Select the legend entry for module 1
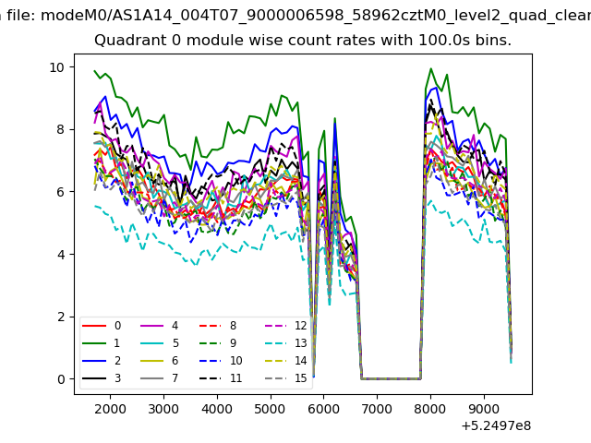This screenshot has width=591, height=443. (x=101, y=343)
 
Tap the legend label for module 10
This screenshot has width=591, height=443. (x=236, y=361)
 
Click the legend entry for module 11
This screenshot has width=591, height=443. (x=221, y=378)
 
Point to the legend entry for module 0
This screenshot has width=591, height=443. (x=102, y=326)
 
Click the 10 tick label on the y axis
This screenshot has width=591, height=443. (x=57, y=67)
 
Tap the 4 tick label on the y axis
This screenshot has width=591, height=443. (x=61, y=255)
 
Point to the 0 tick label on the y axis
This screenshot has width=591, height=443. (x=61, y=379)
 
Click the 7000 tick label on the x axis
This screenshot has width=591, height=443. (x=377, y=409)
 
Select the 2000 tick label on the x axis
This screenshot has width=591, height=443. (x=110, y=409)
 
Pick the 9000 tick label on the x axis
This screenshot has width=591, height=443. (x=484, y=409)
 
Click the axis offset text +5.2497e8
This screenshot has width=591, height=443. (x=496, y=426)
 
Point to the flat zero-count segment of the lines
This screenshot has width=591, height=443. (x=391, y=378)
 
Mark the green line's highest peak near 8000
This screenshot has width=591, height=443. (x=431, y=69)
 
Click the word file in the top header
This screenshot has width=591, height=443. (x=21, y=16)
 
